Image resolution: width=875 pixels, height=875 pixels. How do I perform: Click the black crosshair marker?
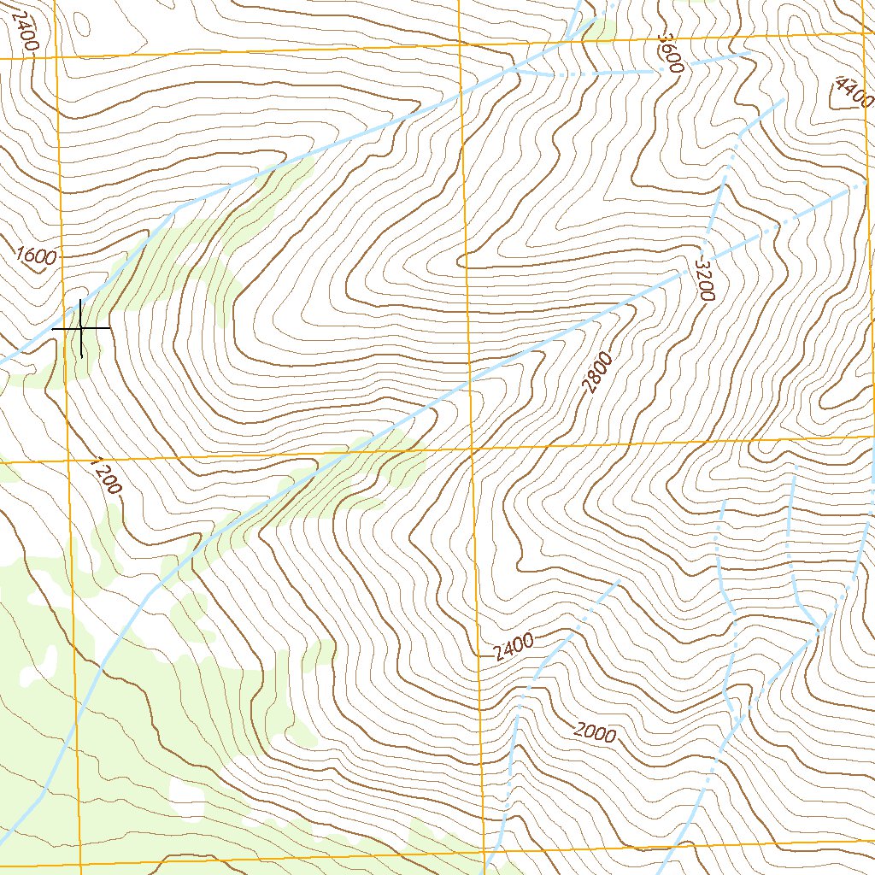(x=81, y=328)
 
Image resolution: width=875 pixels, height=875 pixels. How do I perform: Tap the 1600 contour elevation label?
(x=35, y=255)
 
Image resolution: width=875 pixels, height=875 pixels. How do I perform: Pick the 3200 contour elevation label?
(x=703, y=278)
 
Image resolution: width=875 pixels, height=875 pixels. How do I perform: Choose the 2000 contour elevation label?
(x=595, y=732)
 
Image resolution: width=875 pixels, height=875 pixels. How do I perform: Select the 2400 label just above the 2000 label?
(x=514, y=648)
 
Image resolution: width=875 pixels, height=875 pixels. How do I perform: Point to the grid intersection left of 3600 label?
(x=459, y=44)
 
